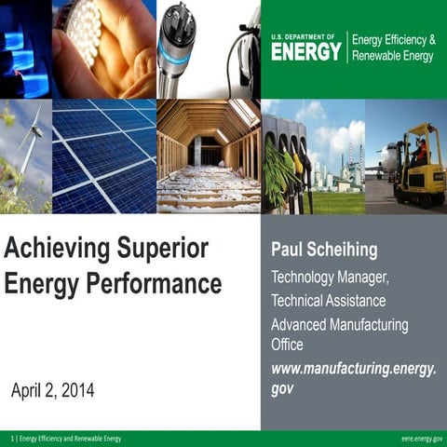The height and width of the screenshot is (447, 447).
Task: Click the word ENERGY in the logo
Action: [x=305, y=51]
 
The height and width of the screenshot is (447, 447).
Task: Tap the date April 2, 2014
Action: [x=52, y=390]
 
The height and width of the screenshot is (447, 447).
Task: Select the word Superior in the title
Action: [x=162, y=250]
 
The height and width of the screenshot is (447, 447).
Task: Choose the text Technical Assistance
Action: [x=328, y=301]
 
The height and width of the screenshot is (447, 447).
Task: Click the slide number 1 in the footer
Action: [x=12, y=438]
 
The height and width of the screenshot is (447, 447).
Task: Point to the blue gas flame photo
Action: [x=25, y=48]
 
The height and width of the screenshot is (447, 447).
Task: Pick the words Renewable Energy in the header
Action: [x=394, y=56]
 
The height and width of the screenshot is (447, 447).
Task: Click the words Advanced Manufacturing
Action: [x=339, y=325]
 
